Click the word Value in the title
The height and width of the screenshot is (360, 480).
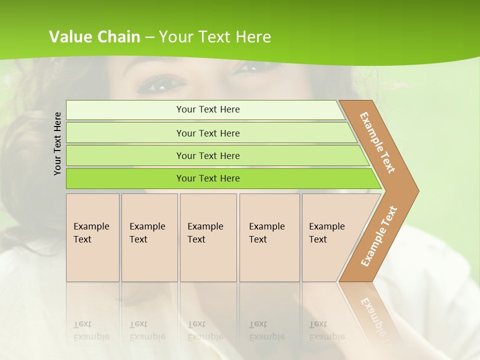tap(69, 37)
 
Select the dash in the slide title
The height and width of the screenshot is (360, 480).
tap(149, 37)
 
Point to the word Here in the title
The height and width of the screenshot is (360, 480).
tap(253, 37)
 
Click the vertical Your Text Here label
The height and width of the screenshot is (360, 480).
tap(57, 143)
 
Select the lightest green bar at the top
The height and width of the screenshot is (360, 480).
tap(205, 109)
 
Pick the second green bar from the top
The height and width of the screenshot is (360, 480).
tap(210, 133)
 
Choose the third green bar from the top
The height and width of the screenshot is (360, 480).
tap(215, 155)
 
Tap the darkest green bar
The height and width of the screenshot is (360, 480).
tap(220, 178)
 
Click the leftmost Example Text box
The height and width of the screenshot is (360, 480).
tap(92, 237)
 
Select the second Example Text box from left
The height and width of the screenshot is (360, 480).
tap(149, 237)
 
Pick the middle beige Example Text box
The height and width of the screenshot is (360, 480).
tap(208, 237)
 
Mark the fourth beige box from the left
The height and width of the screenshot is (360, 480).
tap(269, 237)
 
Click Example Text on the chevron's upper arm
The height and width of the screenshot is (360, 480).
tap(377, 142)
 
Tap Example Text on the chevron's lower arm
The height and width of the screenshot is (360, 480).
tap(379, 236)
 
